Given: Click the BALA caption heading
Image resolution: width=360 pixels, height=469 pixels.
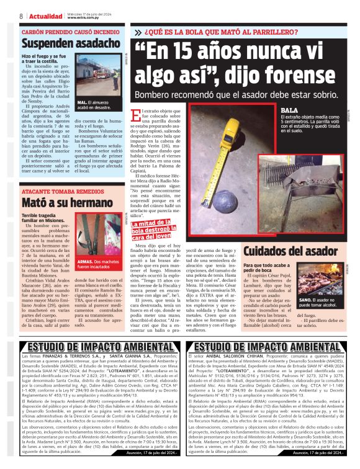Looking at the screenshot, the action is [x=290, y=110].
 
